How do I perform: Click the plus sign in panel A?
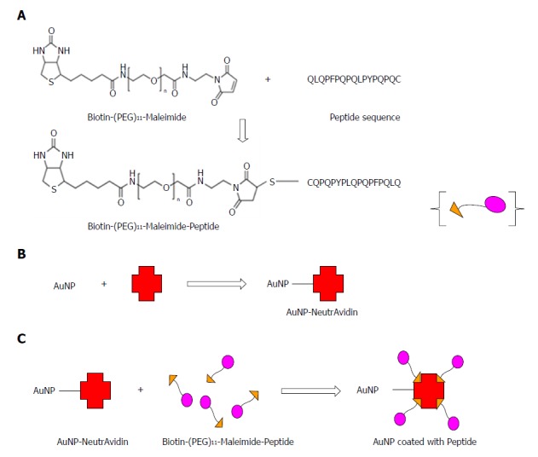pos(269,80)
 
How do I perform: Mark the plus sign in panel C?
pos(140,390)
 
